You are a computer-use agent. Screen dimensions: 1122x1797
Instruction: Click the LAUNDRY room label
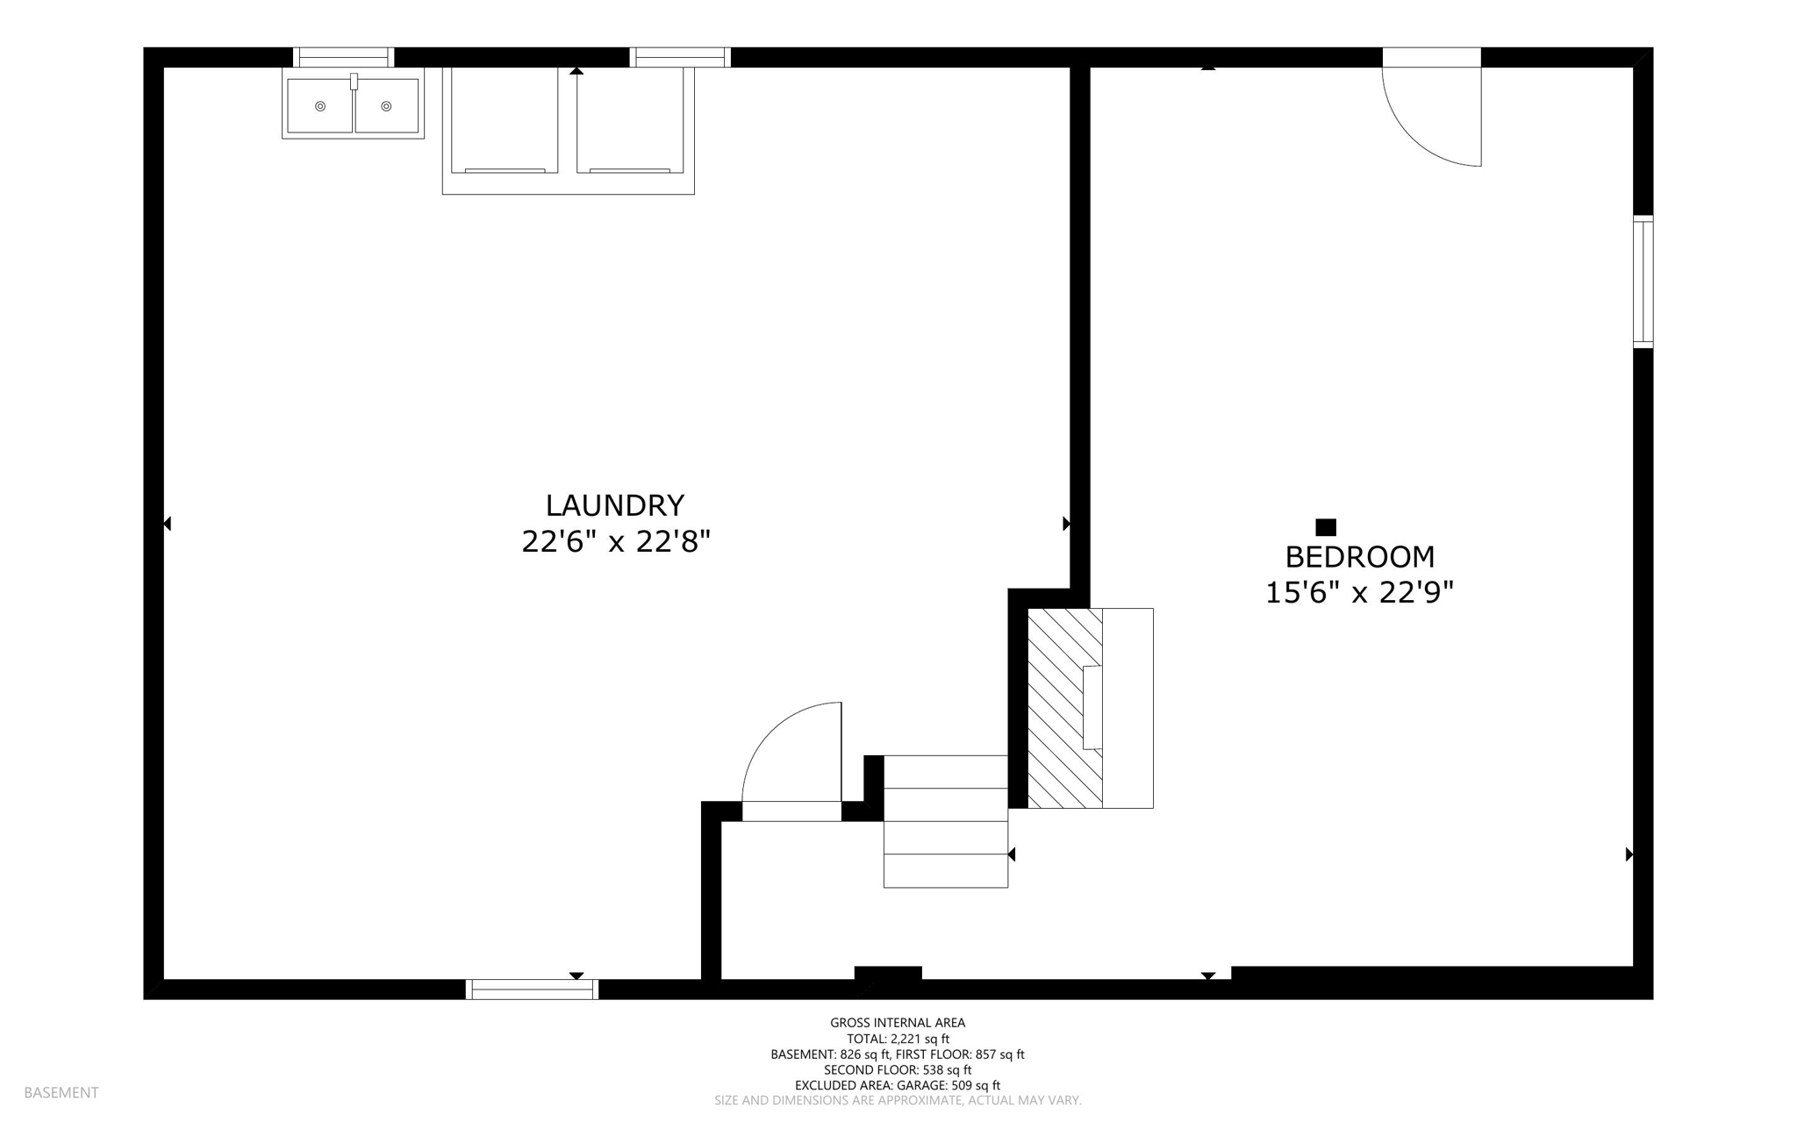pos(614,505)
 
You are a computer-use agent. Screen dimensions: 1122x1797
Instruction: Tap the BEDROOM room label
pos(1359,557)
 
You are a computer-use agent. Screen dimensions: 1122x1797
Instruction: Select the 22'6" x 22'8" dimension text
pos(615,542)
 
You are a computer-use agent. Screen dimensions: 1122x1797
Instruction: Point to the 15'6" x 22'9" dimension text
pos(1359,593)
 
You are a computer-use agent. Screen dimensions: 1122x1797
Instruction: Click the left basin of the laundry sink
pos(320,106)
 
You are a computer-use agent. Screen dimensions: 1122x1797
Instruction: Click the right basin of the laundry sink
pos(386,106)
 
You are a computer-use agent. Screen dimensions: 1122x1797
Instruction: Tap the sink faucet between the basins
pos(354,82)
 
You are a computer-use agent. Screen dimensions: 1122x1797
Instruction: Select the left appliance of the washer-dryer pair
pos(505,120)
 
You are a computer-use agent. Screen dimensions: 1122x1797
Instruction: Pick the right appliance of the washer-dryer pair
pos(630,120)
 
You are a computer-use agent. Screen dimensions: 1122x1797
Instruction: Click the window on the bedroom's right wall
pos(1643,282)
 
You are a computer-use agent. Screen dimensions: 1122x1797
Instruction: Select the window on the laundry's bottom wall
pos(532,989)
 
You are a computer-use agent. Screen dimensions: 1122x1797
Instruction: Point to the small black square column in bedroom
pos(1326,527)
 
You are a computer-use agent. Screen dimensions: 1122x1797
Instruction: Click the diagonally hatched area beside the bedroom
pos(1064,708)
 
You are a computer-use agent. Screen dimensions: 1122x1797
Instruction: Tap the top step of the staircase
pos(945,772)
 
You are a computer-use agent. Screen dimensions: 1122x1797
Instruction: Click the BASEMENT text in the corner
pos(61,1092)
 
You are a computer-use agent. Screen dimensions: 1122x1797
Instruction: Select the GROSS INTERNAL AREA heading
pos(898,1022)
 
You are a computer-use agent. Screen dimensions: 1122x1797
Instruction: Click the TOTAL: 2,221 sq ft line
pos(898,1039)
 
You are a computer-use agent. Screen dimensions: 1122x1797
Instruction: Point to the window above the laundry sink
pos(343,57)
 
